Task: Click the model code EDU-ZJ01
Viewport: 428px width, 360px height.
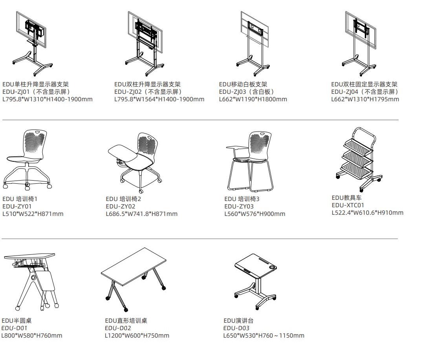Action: pos(16,92)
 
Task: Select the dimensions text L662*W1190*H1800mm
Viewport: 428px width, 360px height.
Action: pos(253,99)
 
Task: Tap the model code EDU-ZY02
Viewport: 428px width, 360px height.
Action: pos(121,206)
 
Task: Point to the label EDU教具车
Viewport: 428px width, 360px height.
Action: pos(346,197)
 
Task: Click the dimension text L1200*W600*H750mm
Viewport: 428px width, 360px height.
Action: pos(137,335)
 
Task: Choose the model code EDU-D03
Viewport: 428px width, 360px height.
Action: pos(236,328)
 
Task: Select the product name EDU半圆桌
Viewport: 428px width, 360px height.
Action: pos(16,321)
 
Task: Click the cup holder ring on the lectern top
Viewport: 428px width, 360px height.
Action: pos(272,267)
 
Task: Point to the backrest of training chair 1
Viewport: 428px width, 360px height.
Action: pos(35,143)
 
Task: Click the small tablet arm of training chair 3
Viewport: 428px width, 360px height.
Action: pos(237,148)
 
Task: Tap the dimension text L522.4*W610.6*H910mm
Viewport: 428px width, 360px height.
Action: pos(368,213)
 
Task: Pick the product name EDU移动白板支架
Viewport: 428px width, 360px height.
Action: pos(243,84)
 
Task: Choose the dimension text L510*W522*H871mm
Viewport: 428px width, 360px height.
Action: pos(33,214)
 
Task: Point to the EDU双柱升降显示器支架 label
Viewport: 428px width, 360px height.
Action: pos(147,84)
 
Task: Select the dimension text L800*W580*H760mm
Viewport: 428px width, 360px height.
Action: pos(32,335)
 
